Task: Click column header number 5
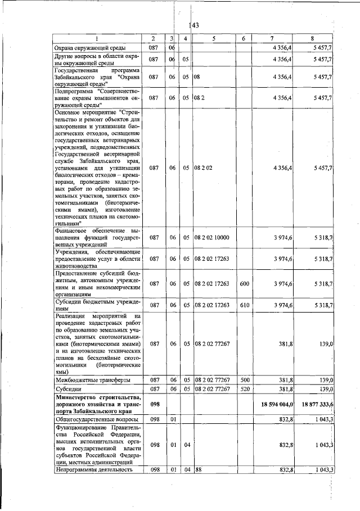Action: (x=214, y=38)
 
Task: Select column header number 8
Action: (x=312, y=38)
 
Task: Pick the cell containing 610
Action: (x=245, y=305)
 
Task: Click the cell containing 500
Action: (x=245, y=380)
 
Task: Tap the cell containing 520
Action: (x=245, y=388)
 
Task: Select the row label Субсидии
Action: (x=68, y=388)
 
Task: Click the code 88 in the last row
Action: (x=199, y=469)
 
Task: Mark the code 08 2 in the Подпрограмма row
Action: (x=200, y=97)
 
